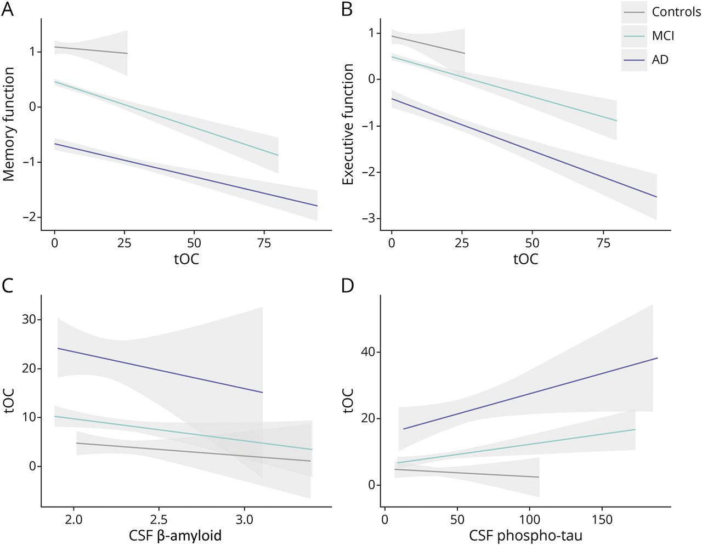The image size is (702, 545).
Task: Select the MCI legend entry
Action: [663, 36]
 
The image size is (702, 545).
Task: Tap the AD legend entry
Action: [660, 60]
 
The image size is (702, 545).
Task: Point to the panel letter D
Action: [348, 286]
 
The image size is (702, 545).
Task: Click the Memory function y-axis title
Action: [9, 124]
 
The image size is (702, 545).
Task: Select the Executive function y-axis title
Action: [348, 124]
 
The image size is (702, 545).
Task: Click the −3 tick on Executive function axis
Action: [367, 219]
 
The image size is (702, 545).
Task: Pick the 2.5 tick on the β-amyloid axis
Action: [159, 519]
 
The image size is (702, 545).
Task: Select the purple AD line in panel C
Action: [159, 370]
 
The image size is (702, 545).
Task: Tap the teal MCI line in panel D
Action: [516, 446]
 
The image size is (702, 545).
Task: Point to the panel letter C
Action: [8, 286]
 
